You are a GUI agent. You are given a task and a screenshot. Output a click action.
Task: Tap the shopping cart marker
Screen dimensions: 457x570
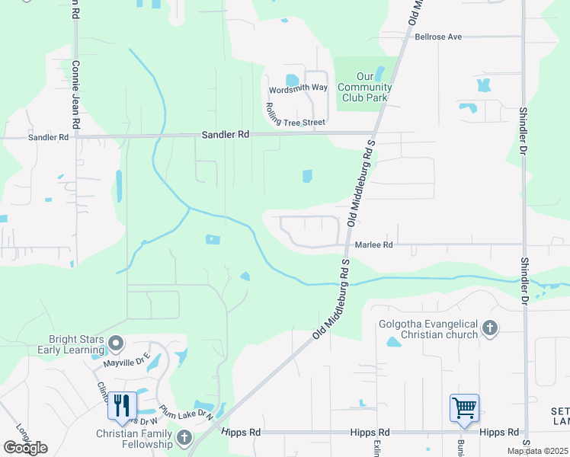464,407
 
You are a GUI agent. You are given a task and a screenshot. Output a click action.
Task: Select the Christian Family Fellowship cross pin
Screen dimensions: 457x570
184,437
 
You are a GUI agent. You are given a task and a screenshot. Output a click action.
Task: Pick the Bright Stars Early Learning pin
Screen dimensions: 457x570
116,344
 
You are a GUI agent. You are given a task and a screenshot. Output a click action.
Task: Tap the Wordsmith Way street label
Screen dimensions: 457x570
298,88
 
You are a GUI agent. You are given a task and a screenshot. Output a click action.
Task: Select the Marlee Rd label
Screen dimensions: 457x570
373,245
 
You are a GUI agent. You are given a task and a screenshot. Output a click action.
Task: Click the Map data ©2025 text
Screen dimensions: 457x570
537,451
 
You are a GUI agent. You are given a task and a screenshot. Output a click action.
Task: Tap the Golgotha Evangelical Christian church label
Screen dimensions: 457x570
427,329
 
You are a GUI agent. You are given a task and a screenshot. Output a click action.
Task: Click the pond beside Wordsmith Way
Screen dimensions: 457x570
291,80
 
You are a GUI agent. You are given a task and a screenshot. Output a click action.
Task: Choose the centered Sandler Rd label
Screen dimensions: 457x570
226,134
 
